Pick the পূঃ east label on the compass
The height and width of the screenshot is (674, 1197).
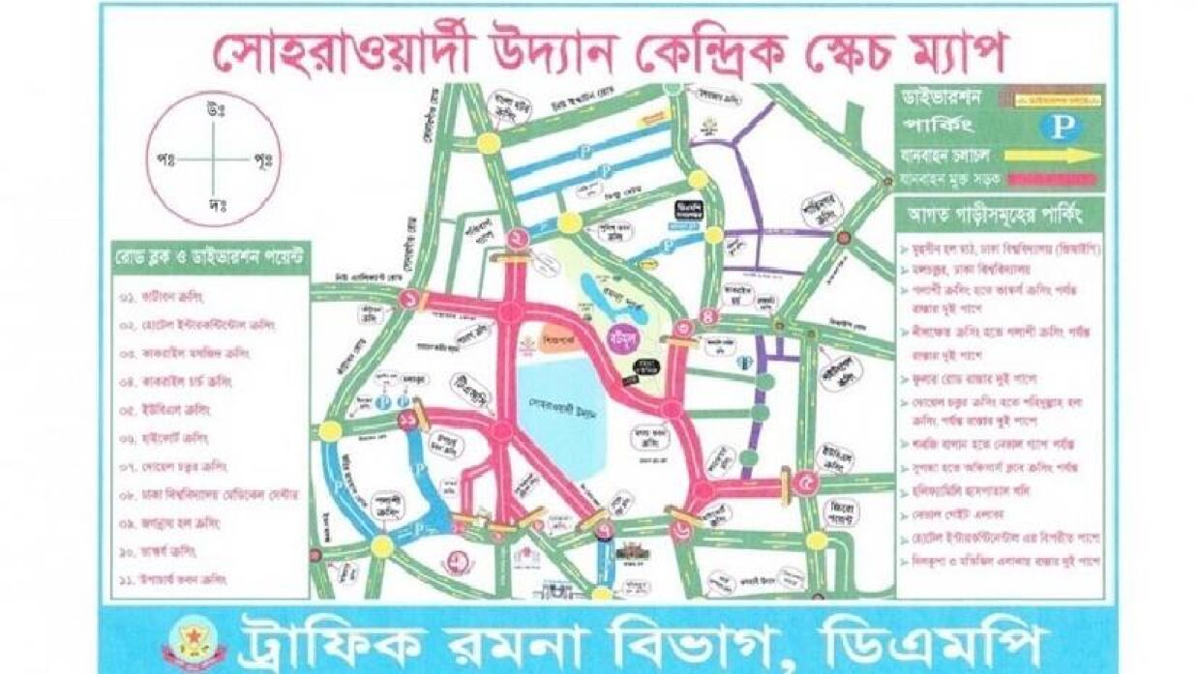click(x=262, y=158)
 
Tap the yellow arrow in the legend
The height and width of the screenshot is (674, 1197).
click(x=1053, y=155)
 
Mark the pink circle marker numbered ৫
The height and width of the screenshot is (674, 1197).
click(x=805, y=480)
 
